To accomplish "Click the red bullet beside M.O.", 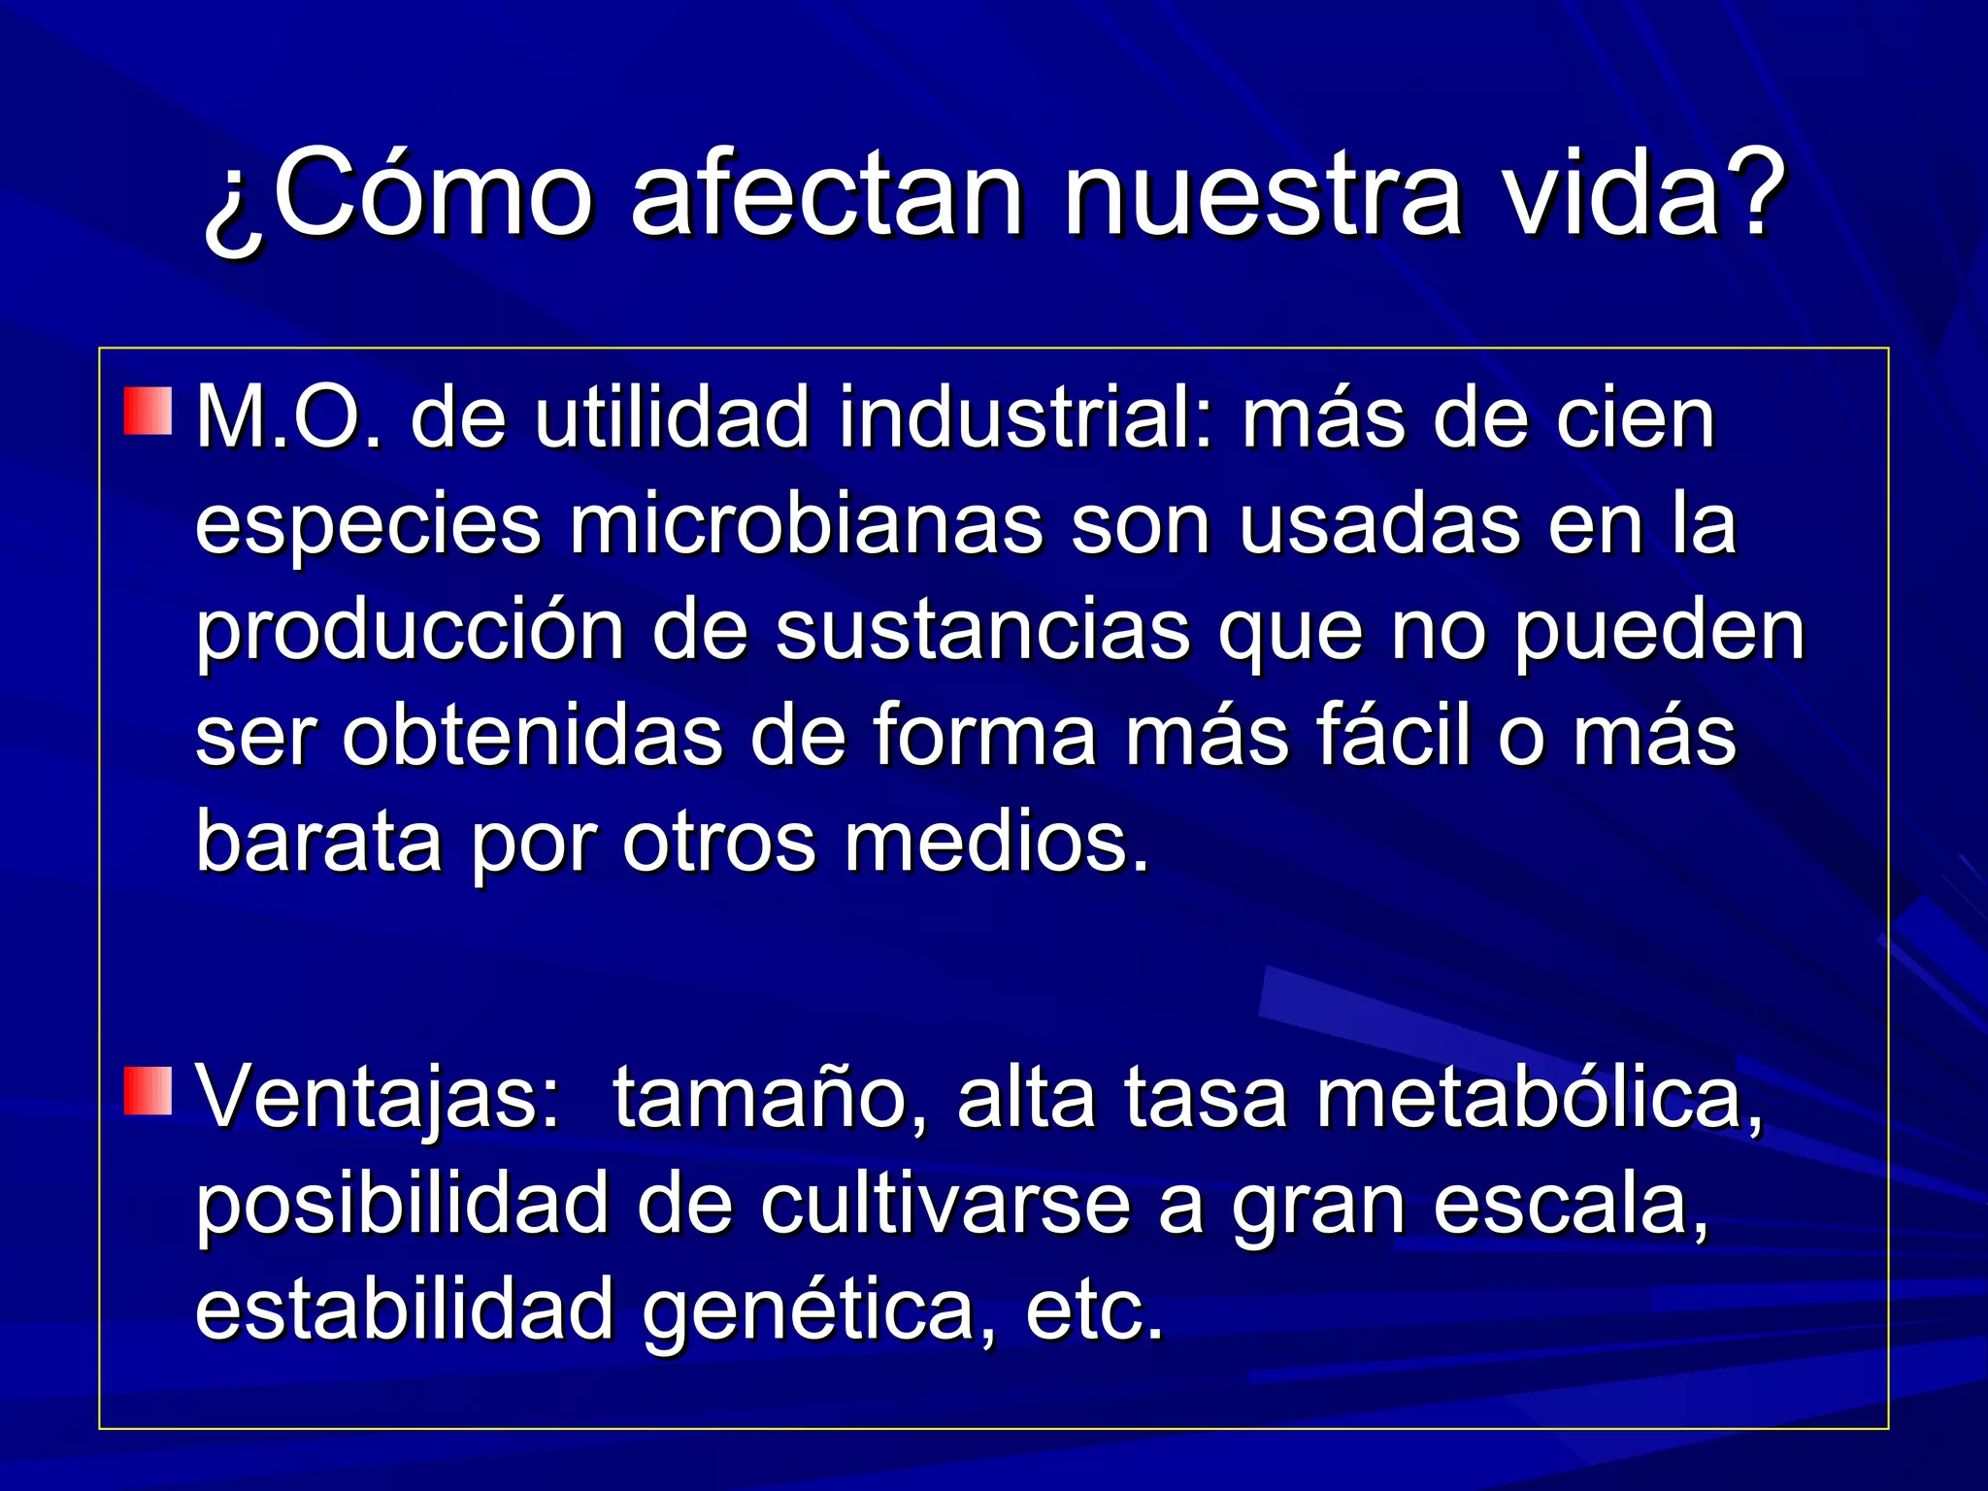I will tap(148, 411).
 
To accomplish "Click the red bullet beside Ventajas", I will tap(148, 1089).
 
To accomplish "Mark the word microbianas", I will tap(807, 525).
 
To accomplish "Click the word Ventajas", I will tap(379, 1098).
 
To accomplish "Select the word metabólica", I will tap(1540, 1098).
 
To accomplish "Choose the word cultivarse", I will tap(945, 1205).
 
